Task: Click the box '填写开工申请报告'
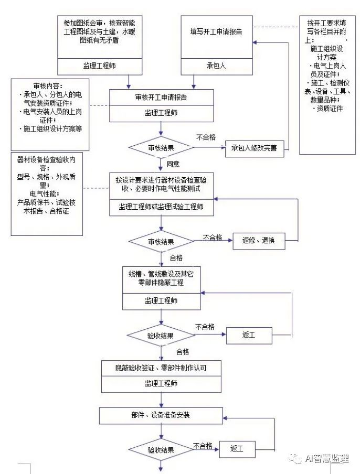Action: (x=216, y=31)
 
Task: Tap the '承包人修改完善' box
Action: (x=254, y=148)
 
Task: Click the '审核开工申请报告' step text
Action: (x=161, y=98)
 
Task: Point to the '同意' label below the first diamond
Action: (x=173, y=164)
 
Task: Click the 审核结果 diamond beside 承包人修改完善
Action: (x=161, y=148)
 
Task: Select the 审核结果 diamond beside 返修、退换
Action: (x=161, y=242)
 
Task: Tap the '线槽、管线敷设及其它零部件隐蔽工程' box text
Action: (x=161, y=278)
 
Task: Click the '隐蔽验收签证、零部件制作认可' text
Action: (x=161, y=368)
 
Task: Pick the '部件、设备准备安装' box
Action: (x=161, y=415)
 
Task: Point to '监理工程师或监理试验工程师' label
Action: (x=161, y=207)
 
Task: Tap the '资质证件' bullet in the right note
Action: (x=327, y=109)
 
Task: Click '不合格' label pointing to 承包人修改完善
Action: (x=206, y=137)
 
